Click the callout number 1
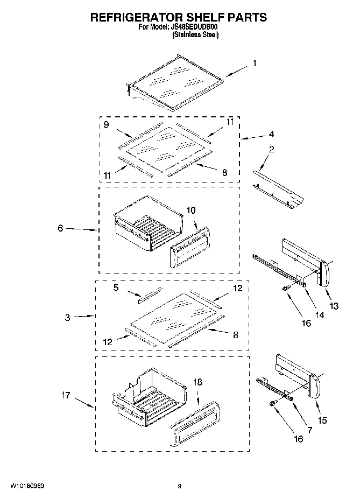(x=254, y=63)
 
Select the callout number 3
(x=67, y=318)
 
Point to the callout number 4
(x=272, y=134)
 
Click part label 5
(x=116, y=288)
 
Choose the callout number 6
(x=61, y=228)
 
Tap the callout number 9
(x=107, y=124)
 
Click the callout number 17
(x=66, y=396)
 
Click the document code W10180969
(x=27, y=486)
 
